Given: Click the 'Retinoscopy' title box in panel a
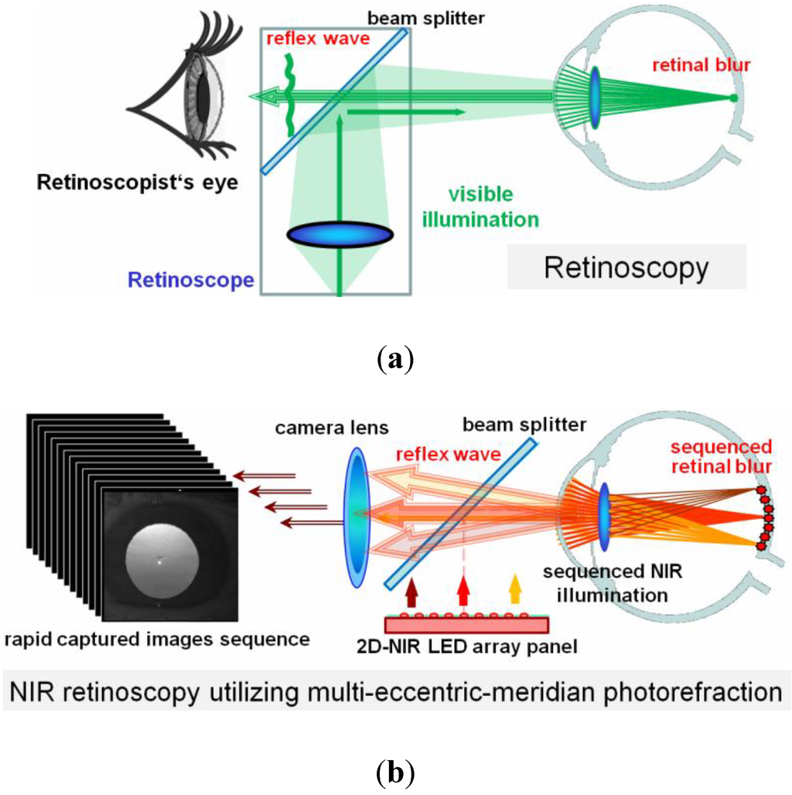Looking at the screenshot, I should tap(626, 268).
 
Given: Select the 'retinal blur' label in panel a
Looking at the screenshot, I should tap(702, 65).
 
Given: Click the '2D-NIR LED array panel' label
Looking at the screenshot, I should tap(479, 645).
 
